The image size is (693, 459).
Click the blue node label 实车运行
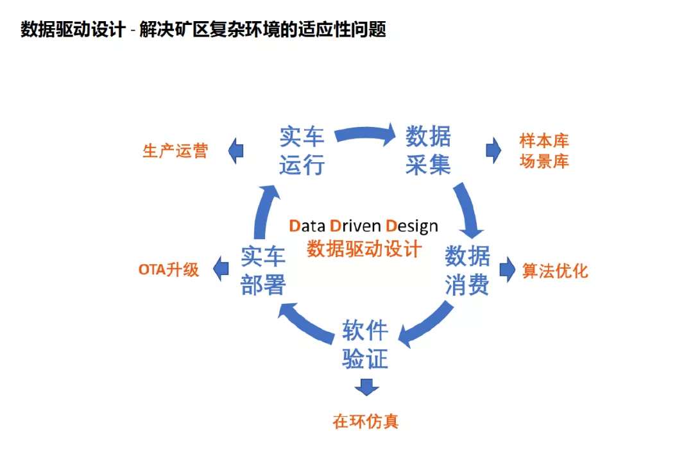point(302,151)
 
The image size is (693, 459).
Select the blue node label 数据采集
point(428,151)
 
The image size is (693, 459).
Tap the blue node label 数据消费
point(467,271)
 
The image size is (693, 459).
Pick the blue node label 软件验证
point(365,345)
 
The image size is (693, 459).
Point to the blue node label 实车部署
point(263,271)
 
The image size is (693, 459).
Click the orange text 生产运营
point(175,152)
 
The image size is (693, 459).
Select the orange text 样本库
point(544,141)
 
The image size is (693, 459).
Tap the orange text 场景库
point(544,161)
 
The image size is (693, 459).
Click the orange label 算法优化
point(555,271)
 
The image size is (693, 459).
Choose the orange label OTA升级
point(169,270)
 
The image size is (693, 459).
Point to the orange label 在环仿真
point(366,421)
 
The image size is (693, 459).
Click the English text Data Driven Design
point(364,226)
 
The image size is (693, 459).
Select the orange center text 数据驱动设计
point(364,249)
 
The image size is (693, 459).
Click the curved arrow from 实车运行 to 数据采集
point(364,133)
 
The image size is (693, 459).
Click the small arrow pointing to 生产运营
point(235,151)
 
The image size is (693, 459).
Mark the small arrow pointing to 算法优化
point(508,270)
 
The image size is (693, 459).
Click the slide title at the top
point(203,29)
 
